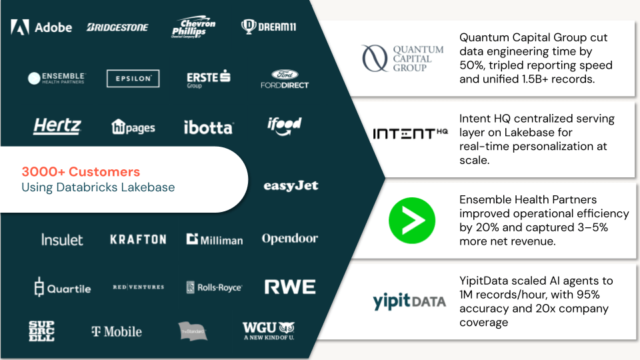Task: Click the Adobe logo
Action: click(41, 27)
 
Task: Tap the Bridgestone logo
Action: click(117, 27)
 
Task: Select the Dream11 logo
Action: click(268, 27)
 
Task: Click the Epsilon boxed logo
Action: click(133, 78)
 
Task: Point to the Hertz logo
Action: click(57, 126)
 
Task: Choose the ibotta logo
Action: click(208, 127)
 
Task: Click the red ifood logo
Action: click(285, 125)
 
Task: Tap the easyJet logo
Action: click(291, 186)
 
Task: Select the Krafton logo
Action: click(138, 239)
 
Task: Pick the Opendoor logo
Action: click(289, 239)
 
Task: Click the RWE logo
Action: click(290, 287)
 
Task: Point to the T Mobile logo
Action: click(117, 331)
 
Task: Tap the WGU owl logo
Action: click(269, 330)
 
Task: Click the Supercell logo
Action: click(41, 331)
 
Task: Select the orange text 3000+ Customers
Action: click(81, 171)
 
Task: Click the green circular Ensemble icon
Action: click(412, 220)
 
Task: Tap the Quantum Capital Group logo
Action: click(402, 59)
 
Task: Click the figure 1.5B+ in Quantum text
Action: click(535, 79)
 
